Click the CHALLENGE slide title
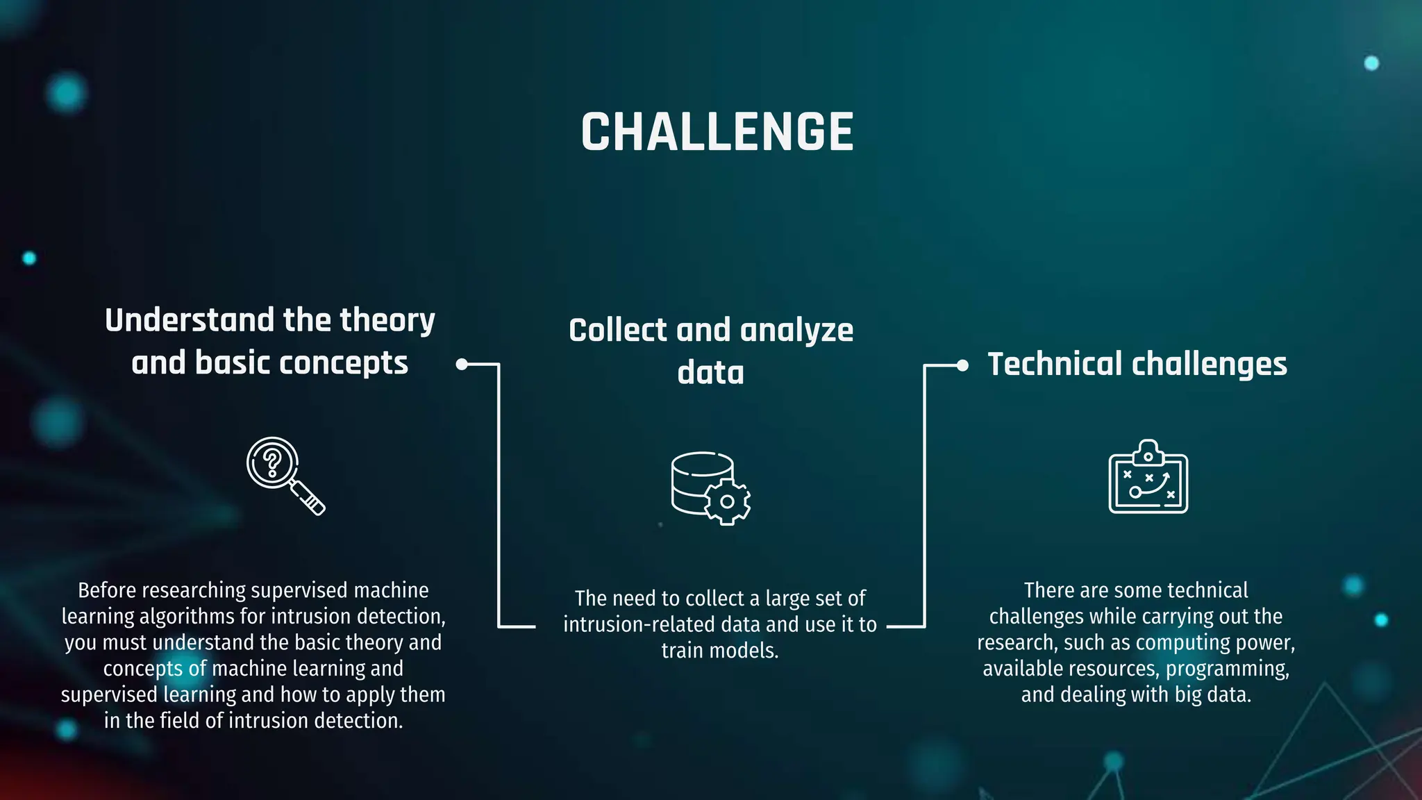717,132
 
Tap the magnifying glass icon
285,476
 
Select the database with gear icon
710,487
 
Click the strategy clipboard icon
1148,477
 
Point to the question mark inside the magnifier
272,462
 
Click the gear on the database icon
727,501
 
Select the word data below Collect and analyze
710,372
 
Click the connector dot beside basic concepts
462,364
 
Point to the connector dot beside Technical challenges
962,365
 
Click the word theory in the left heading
387,320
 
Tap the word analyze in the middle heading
796,330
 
